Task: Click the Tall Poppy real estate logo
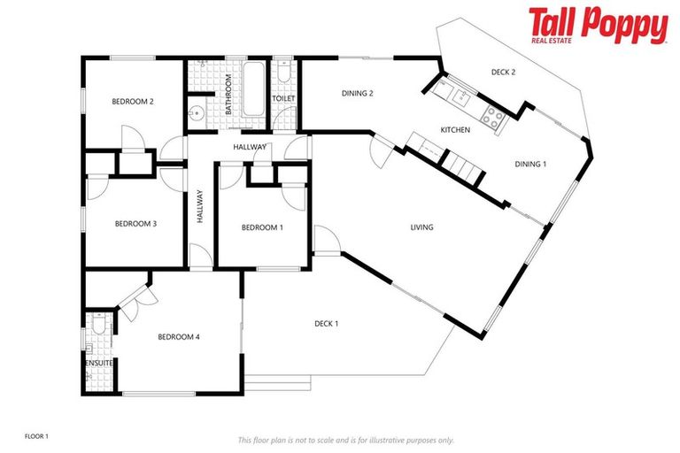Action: click(x=598, y=26)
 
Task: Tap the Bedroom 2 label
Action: click(x=133, y=102)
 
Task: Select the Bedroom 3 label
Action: click(x=135, y=224)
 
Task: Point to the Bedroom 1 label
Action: click(x=262, y=227)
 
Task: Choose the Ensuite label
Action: click(x=98, y=363)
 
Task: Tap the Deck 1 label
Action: click(x=327, y=324)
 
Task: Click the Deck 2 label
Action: click(x=503, y=73)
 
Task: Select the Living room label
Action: click(x=421, y=227)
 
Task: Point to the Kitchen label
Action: click(x=455, y=131)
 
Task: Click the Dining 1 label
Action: click(x=530, y=164)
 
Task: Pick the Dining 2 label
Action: click(x=358, y=93)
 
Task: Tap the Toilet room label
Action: click(x=283, y=98)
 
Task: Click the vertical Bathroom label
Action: click(x=228, y=95)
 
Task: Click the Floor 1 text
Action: click(x=36, y=436)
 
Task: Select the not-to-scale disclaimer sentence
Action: click(x=345, y=440)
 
